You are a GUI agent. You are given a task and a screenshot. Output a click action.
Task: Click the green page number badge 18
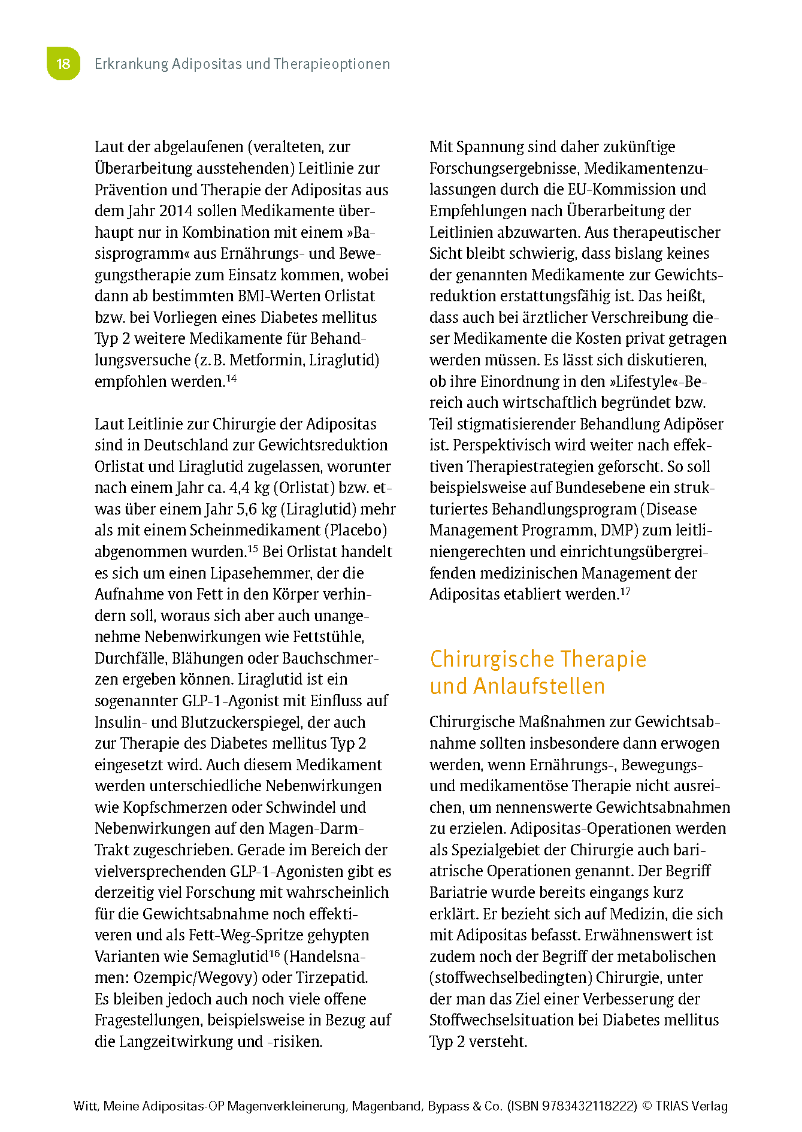63,63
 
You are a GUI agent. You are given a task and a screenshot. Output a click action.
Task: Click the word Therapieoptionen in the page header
331,64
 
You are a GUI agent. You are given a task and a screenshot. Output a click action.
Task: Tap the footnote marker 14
231,378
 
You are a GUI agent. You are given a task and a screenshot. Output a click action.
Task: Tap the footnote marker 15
252,548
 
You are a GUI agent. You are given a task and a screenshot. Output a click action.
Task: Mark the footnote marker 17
625,591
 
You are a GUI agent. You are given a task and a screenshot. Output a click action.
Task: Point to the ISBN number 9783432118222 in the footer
589,1106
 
